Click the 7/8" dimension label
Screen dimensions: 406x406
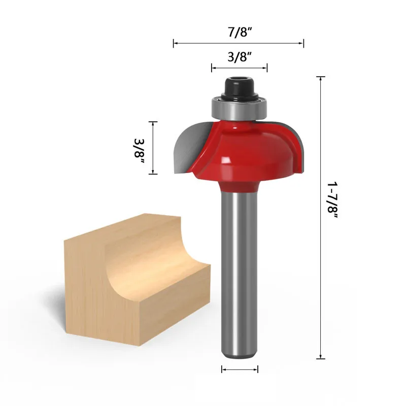240,32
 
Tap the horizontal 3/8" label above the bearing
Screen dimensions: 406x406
240,57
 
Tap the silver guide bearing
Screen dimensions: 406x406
239,109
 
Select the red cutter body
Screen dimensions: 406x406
246,153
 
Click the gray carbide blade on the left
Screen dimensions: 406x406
191,148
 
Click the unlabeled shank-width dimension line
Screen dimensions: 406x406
240,369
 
